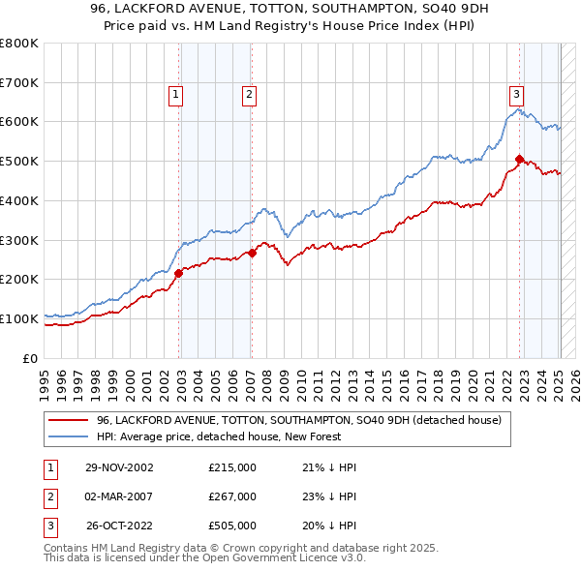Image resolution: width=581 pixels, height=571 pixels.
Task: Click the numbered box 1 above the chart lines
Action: [x=175, y=94]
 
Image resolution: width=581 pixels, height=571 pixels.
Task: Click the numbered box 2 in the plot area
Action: [x=249, y=94]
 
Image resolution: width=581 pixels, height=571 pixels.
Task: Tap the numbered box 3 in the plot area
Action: [x=517, y=94]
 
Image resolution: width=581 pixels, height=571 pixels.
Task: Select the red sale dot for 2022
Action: [x=520, y=159]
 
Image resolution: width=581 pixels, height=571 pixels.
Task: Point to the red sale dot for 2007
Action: [x=252, y=253]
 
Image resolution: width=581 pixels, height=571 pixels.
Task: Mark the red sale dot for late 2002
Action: [x=179, y=273]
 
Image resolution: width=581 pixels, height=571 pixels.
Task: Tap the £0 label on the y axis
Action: [x=29, y=358]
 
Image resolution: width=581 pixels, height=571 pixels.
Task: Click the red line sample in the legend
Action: [x=69, y=420]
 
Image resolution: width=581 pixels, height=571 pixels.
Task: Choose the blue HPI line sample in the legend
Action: [x=69, y=436]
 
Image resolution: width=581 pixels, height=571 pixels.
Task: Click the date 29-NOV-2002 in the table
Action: [x=119, y=467]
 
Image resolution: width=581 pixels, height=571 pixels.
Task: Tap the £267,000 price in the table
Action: [x=232, y=496]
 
